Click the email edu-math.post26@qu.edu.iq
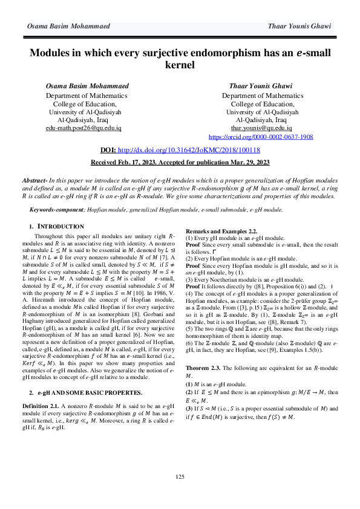tap(88, 128)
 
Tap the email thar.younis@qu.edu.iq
tap(261, 128)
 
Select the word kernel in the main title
tap(180, 65)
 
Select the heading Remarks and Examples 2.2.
tap(221, 232)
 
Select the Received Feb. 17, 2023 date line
tap(180, 163)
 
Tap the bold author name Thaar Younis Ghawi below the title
tap(261, 86)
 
